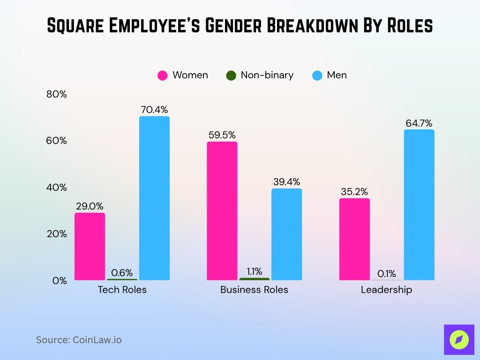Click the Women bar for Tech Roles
(x=90, y=247)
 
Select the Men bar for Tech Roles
(x=154, y=198)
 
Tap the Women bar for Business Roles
(x=222, y=211)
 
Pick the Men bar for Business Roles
(x=286, y=234)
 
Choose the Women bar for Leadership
(x=354, y=239)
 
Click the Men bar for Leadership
(x=419, y=205)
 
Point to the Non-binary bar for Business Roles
(x=254, y=279)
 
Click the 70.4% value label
(x=154, y=110)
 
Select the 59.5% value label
(x=222, y=135)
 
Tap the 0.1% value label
(x=387, y=274)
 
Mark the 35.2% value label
(x=354, y=192)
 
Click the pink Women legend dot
(x=163, y=75)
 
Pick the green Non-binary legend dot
(x=231, y=75)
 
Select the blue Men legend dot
(x=317, y=75)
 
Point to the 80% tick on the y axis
(x=57, y=94)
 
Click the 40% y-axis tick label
(x=57, y=187)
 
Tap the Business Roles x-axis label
(x=254, y=290)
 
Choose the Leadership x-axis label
(x=386, y=290)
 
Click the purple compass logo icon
(x=459, y=339)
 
